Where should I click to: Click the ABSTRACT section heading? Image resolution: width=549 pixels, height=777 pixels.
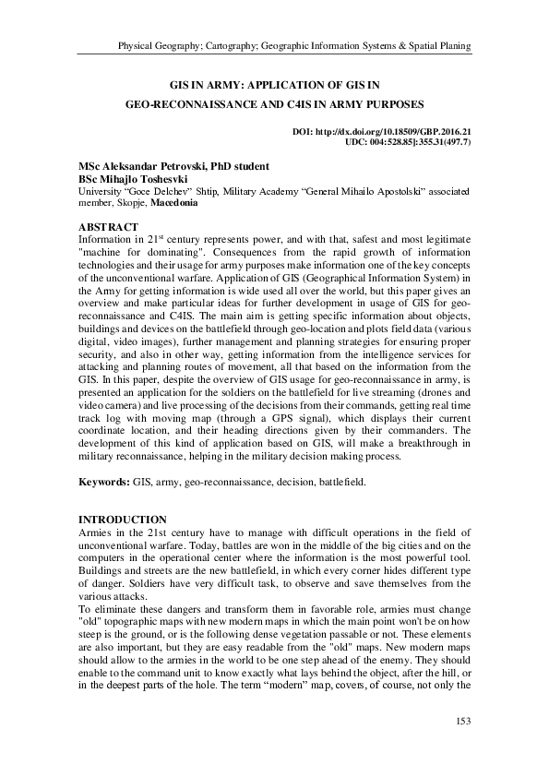[x=108, y=227]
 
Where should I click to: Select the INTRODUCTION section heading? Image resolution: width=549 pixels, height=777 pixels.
[x=122, y=520]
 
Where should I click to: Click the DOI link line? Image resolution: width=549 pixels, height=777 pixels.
[x=381, y=133]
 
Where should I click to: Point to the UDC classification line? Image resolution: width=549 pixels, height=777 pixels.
[x=407, y=143]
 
